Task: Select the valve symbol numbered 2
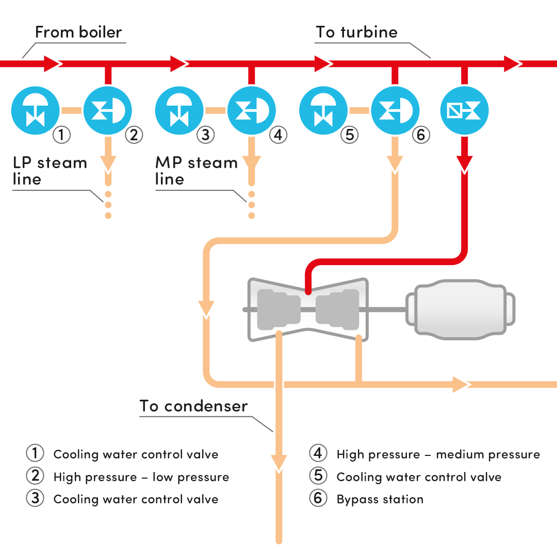pos(108,110)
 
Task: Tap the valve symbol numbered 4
pos(252,110)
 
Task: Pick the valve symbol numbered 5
pos(323,110)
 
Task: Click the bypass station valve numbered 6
pos(396,110)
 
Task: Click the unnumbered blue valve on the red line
pos(464,110)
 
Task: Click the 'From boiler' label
pos(78,32)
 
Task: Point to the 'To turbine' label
pos(357,32)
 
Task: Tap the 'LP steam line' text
pos(50,171)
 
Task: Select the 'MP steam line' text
pos(196,171)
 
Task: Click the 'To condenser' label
pos(194,406)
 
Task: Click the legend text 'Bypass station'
pos(380,499)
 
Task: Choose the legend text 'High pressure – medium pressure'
pos(438,454)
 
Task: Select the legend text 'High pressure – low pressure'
pos(141,477)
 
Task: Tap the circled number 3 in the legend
pos(35,499)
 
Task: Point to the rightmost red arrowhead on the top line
pos(513,64)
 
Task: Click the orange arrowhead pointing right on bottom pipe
pos(461,384)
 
